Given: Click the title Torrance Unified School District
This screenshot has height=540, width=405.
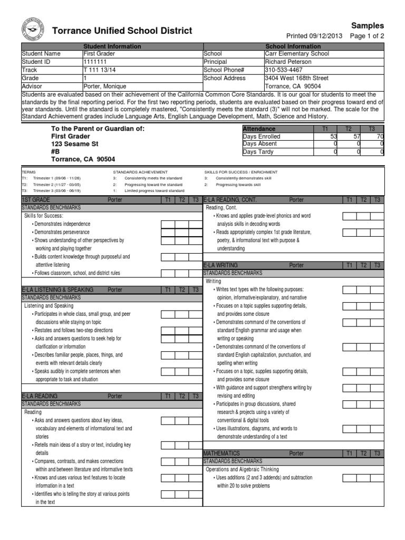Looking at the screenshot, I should pos(122,31).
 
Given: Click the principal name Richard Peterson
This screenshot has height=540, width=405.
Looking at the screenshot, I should pos(288,62).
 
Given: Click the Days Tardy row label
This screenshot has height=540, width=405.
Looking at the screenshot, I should pos(258,152).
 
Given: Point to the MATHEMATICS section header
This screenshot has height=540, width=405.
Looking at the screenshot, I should pos(221,453).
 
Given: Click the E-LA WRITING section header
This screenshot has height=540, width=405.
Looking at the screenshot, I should pos(221,265).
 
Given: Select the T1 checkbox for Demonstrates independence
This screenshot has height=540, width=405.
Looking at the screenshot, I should pos(167,224).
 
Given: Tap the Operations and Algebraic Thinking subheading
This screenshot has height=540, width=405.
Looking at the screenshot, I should pos(242,469).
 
